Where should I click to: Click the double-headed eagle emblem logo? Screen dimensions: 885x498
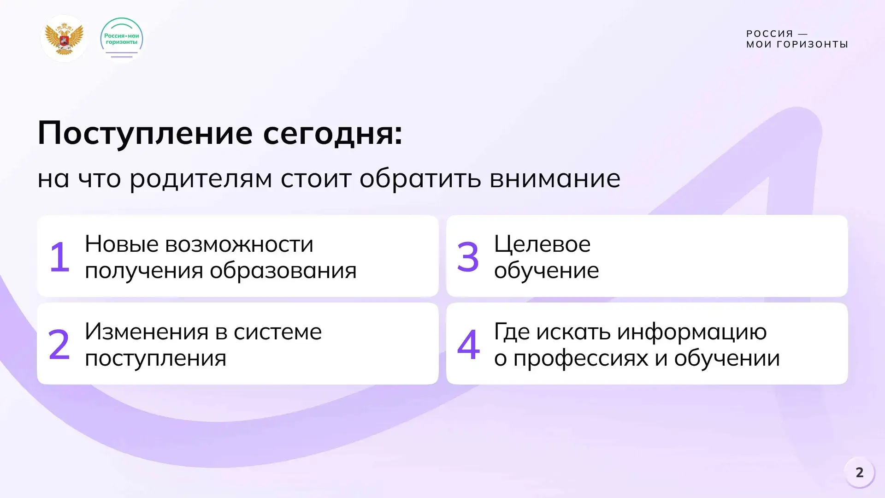pyautogui.click(x=64, y=39)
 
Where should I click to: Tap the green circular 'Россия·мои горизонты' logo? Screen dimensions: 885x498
pyautogui.click(x=122, y=39)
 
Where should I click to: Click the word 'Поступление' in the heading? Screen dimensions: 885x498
pyautogui.click(x=145, y=134)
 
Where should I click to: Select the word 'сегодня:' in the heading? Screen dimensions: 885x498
pyautogui.click(x=333, y=134)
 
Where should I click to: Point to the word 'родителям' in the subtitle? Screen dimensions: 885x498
pyautogui.click(x=201, y=179)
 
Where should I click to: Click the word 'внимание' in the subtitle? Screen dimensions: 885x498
pyautogui.click(x=555, y=178)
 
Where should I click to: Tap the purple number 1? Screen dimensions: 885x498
pyautogui.click(x=60, y=256)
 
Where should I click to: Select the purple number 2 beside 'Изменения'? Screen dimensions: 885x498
pyautogui.click(x=59, y=344)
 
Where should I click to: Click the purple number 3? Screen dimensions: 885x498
pyautogui.click(x=468, y=256)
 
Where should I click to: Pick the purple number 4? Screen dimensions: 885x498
pyautogui.click(x=468, y=344)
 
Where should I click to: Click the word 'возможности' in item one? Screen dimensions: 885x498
pyautogui.click(x=239, y=244)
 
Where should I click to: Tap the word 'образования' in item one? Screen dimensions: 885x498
pyautogui.click(x=283, y=271)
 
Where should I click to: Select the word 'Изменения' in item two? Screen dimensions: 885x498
pyautogui.click(x=146, y=332)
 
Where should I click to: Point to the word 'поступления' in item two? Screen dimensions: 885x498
pyautogui.click(x=156, y=358)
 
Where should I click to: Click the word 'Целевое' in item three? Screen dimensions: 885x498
pyautogui.click(x=542, y=244)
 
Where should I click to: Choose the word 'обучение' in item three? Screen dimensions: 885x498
pyautogui.click(x=547, y=270)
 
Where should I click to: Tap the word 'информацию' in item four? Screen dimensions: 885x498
pyautogui.click(x=692, y=332)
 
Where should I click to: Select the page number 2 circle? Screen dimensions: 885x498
pyautogui.click(x=859, y=473)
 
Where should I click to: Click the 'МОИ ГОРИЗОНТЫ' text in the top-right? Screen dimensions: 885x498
pyautogui.click(x=797, y=45)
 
